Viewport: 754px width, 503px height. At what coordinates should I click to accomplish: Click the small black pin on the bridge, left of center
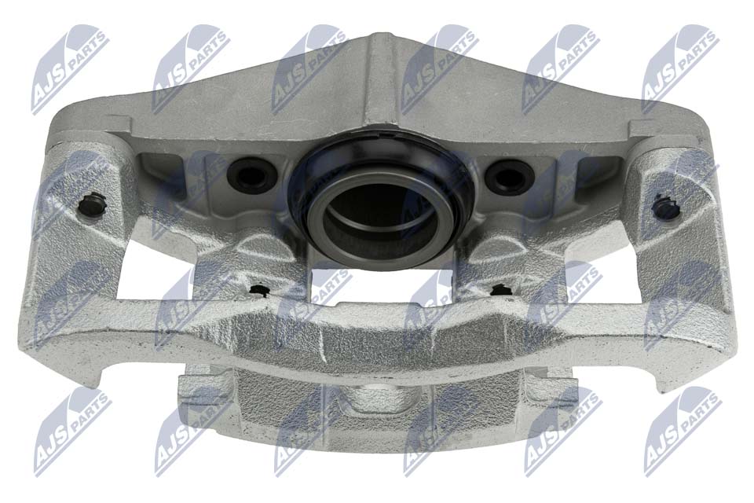[260, 291]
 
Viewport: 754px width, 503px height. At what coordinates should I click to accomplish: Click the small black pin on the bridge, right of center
[500, 289]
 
